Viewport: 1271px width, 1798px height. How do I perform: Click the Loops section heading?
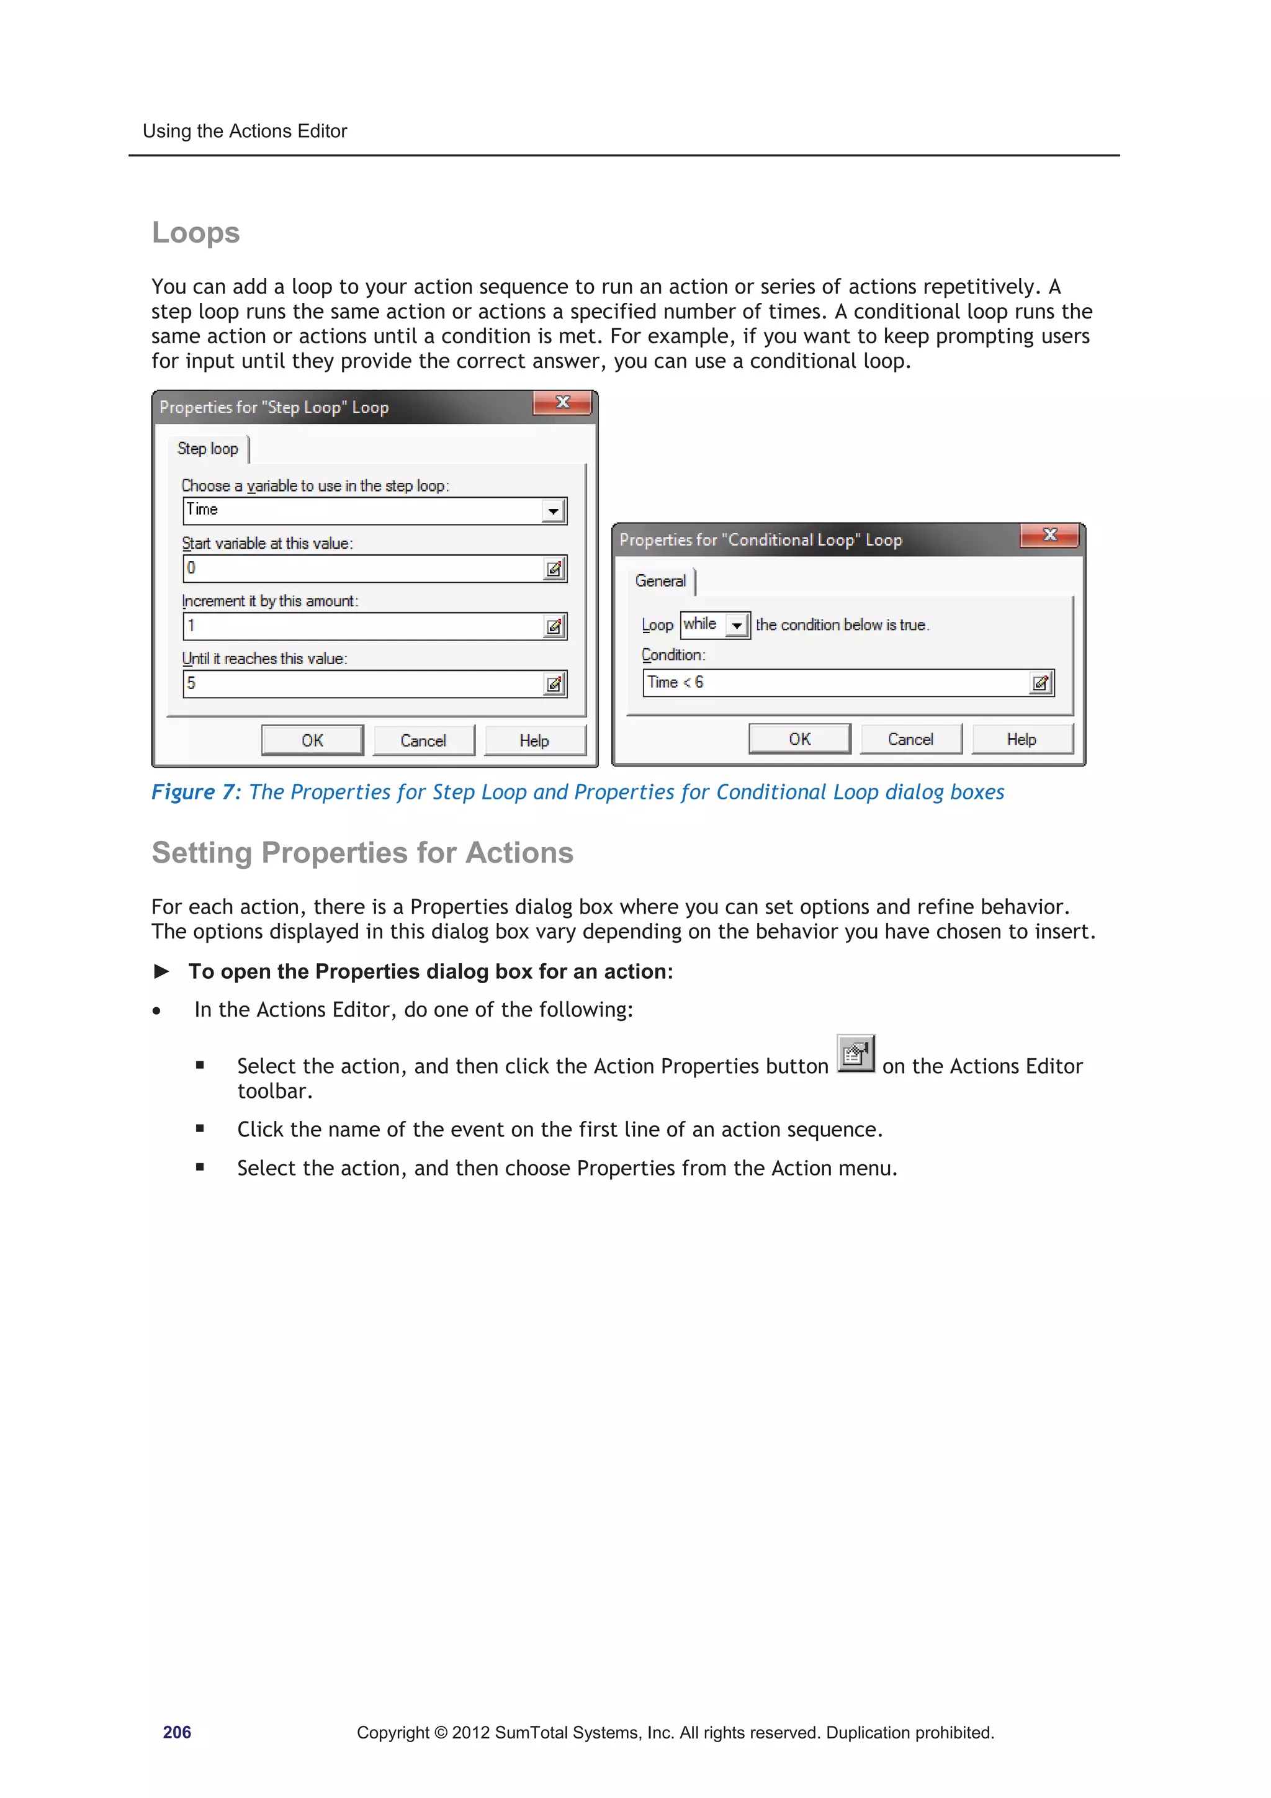pyautogui.click(x=195, y=233)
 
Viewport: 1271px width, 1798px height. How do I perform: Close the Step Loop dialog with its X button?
pyautogui.click(x=562, y=403)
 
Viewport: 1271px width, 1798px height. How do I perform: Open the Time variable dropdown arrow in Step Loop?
pyautogui.click(x=553, y=511)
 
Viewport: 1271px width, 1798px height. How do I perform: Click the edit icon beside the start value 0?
pyautogui.click(x=554, y=569)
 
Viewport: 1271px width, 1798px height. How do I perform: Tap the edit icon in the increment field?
pyautogui.click(x=554, y=626)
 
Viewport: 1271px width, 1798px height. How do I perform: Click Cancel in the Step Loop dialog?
pyautogui.click(x=423, y=741)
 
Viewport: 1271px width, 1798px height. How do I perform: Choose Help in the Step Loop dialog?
pyautogui.click(x=534, y=741)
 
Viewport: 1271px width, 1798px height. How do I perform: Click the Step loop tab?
pyautogui.click(x=207, y=449)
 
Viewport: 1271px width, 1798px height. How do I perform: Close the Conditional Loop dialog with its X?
pyautogui.click(x=1049, y=535)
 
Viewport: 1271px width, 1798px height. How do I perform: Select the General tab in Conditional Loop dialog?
pyautogui.click(x=660, y=581)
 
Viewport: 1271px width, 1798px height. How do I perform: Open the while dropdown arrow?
pyautogui.click(x=737, y=626)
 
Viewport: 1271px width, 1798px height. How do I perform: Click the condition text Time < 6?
pyautogui.click(x=675, y=683)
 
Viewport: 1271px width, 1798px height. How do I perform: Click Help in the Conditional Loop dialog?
pyautogui.click(x=1021, y=739)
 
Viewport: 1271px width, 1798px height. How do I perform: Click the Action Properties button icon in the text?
pyautogui.click(x=855, y=1054)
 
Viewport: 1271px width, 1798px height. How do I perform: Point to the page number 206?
pyautogui.click(x=177, y=1732)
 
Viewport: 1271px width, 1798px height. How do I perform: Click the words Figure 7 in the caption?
pyautogui.click(x=194, y=793)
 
